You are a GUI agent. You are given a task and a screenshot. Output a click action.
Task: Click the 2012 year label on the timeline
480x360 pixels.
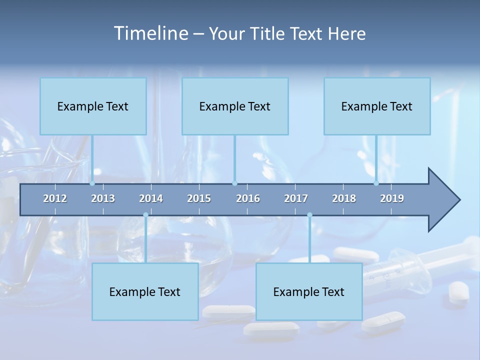pos(55,198)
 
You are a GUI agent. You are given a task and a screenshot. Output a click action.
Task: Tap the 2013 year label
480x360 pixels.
pos(103,198)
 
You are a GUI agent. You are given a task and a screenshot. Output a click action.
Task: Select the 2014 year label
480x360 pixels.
pos(151,198)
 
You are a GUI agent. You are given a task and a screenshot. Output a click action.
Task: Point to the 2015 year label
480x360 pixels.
pos(199,198)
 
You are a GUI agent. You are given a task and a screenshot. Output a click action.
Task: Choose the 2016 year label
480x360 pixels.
pos(248,198)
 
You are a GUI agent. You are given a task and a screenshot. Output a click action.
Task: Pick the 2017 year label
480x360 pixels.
pos(296,198)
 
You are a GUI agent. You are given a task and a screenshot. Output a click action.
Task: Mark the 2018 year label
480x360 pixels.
pos(344,198)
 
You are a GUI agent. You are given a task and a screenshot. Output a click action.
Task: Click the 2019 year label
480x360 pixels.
pos(392,198)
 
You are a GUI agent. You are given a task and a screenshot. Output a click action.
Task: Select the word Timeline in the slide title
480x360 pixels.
pos(151,33)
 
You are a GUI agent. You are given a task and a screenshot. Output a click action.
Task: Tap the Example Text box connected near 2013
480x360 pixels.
pos(93,106)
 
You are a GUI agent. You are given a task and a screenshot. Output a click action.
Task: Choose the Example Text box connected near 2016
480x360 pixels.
pos(235,106)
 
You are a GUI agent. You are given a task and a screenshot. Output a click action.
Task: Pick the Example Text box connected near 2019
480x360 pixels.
pos(377,106)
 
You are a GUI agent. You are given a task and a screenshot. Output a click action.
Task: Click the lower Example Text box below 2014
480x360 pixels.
pos(145,291)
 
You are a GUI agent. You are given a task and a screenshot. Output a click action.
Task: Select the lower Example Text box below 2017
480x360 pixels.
pos(309,291)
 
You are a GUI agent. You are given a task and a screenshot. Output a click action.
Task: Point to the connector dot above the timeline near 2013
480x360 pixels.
pos(92,183)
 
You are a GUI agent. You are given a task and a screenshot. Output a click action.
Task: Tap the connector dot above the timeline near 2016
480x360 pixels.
pos(235,183)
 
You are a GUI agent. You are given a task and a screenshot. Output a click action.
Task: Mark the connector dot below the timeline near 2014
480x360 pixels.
pos(145,215)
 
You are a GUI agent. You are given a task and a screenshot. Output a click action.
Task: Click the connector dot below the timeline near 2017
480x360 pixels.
pos(309,215)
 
